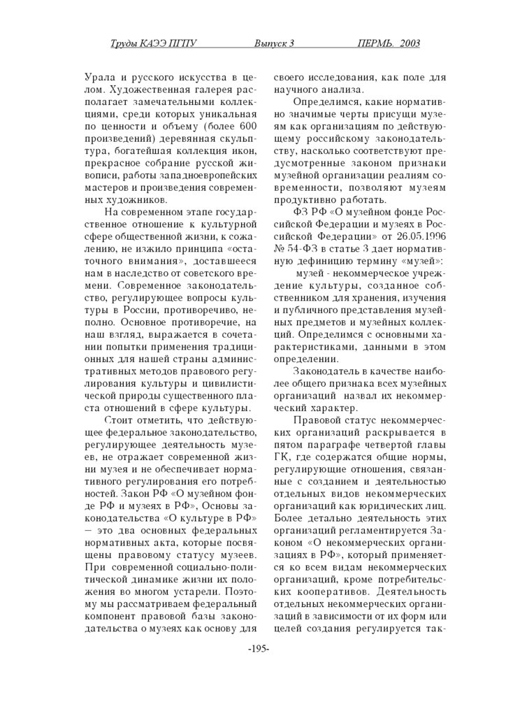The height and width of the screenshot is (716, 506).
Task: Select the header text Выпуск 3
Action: click(x=274, y=43)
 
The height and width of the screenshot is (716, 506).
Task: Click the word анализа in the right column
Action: click(x=341, y=89)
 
